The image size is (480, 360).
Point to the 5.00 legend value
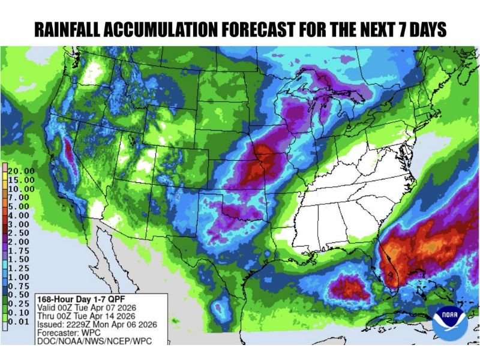(20, 206)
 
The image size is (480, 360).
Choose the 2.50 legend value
(20, 233)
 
